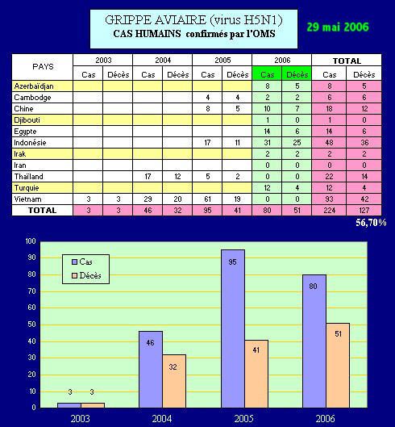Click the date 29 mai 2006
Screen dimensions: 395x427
click(338, 27)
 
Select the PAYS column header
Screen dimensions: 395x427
click(43, 67)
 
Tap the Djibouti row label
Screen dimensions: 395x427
click(27, 120)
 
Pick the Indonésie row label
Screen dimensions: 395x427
click(30, 142)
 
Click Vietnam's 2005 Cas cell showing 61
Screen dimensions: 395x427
click(207, 199)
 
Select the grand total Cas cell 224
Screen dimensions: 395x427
click(329, 210)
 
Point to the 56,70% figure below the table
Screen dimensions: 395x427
click(371, 223)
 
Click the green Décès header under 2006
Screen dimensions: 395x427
click(297, 74)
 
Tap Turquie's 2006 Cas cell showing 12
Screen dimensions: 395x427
click(267, 187)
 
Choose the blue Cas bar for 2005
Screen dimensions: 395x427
click(233, 329)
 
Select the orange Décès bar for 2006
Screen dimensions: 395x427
click(338, 365)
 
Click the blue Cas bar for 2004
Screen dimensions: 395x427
click(151, 369)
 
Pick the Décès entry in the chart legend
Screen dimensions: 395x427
click(86, 275)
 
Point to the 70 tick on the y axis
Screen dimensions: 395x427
click(31, 291)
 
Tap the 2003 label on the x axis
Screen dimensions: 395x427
click(81, 419)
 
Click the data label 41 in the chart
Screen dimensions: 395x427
click(256, 350)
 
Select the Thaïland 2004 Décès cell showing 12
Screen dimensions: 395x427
click(177, 177)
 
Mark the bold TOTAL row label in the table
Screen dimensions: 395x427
click(42, 210)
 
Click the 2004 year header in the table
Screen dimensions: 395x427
click(163, 60)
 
